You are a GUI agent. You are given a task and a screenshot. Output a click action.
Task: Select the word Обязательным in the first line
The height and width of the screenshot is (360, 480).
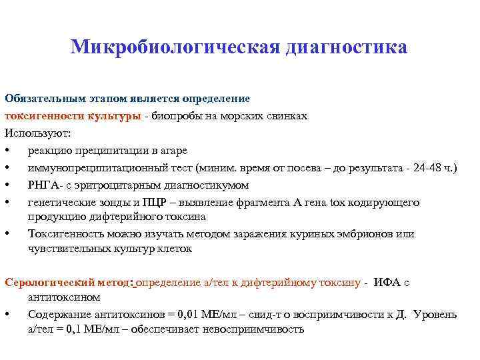click(37, 99)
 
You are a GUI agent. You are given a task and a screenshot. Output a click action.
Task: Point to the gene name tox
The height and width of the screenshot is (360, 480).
click(338, 201)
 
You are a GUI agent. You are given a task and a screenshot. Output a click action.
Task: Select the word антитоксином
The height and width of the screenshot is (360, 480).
click(64, 297)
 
